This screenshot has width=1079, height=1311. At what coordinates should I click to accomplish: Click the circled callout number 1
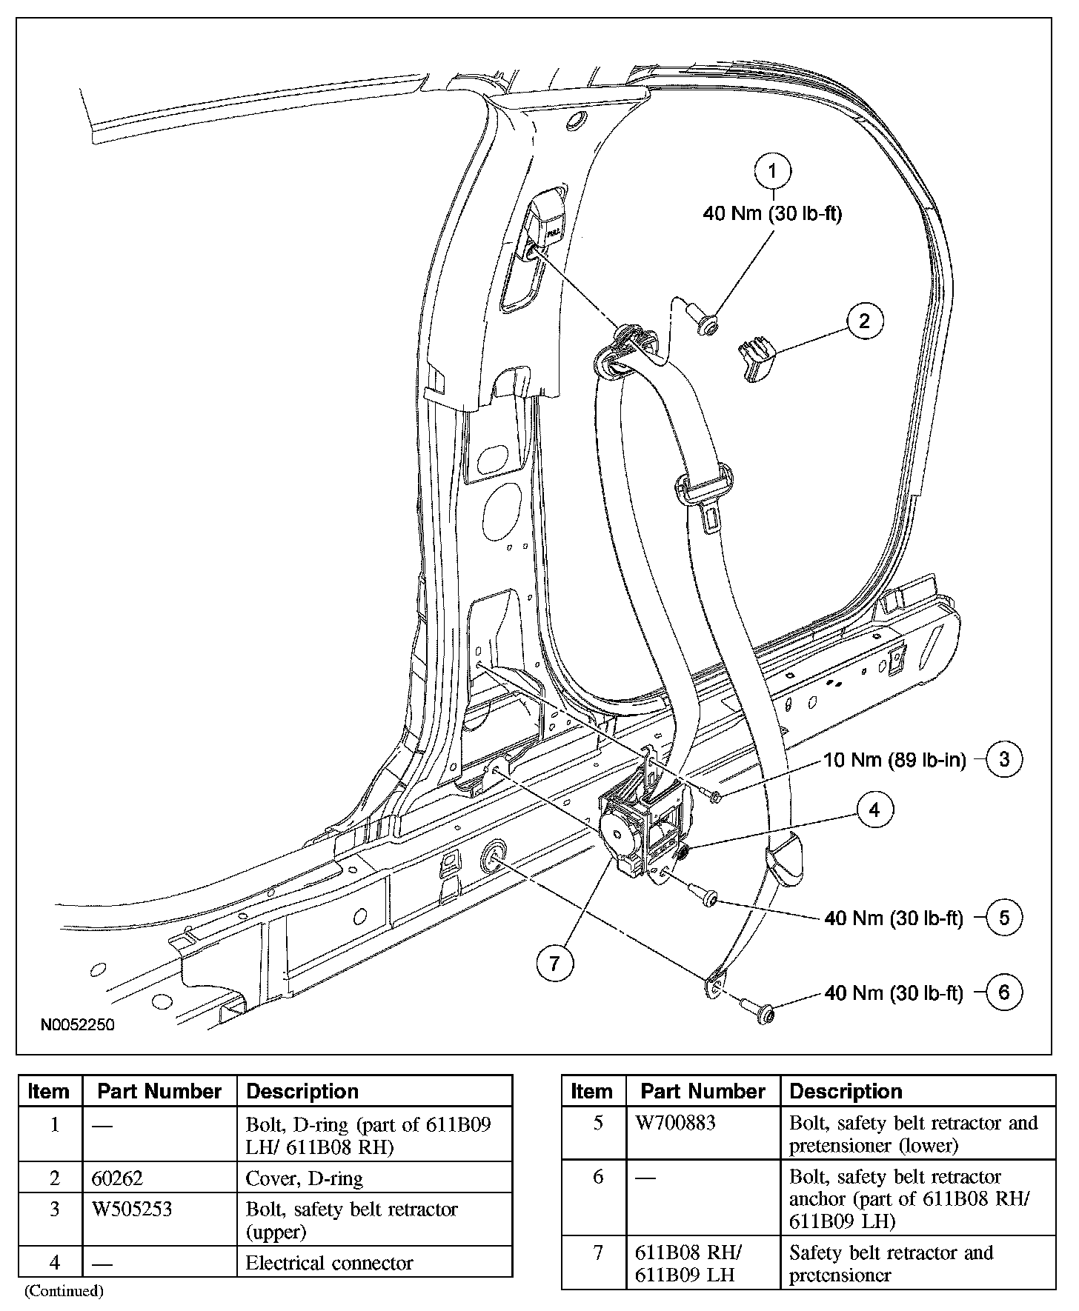coord(772,172)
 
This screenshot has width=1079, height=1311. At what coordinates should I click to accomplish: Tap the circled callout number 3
coord(1004,759)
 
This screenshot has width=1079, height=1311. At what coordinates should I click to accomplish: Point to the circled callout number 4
coord(874,810)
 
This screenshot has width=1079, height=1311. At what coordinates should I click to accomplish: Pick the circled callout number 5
coord(1004,918)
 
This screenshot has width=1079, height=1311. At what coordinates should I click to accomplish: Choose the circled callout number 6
coord(1004,993)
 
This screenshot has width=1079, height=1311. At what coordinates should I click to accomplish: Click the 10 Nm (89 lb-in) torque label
coord(894,760)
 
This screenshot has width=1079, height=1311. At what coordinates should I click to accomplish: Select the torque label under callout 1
coord(772,213)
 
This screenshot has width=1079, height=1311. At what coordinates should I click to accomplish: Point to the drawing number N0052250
coord(77,1025)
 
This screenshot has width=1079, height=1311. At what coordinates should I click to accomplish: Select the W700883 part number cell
coord(676,1123)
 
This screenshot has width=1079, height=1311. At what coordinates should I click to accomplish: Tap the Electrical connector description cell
coord(329,1263)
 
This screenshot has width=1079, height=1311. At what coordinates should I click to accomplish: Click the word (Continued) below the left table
coord(64,1291)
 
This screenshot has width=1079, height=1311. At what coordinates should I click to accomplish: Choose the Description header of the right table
coord(846,1091)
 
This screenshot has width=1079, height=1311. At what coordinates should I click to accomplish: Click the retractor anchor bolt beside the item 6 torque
coord(760,1010)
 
